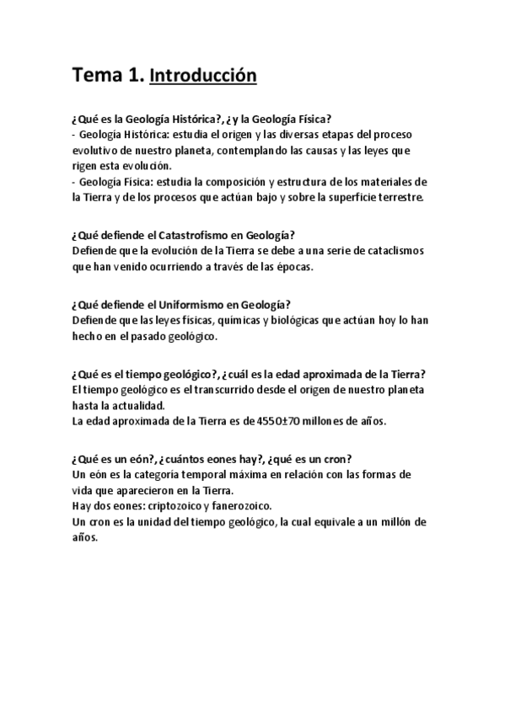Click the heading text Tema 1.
coord(107,77)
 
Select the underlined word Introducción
coord(202,77)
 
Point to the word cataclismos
coord(394,252)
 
